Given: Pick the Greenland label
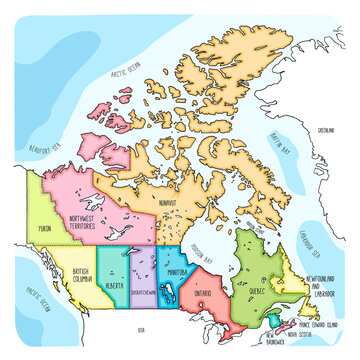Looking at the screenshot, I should tap(325, 130).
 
